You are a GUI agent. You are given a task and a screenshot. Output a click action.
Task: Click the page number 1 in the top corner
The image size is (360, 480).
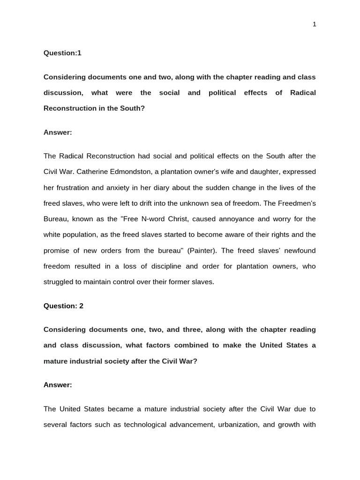[315, 24]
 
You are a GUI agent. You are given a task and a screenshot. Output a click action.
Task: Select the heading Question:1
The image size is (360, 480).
[62, 53]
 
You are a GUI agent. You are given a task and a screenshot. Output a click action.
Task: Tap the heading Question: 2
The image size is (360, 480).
[63, 306]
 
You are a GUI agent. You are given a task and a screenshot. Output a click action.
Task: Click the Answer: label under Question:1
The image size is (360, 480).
[58, 132]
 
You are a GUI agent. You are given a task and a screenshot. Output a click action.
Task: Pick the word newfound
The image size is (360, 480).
[298, 250]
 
